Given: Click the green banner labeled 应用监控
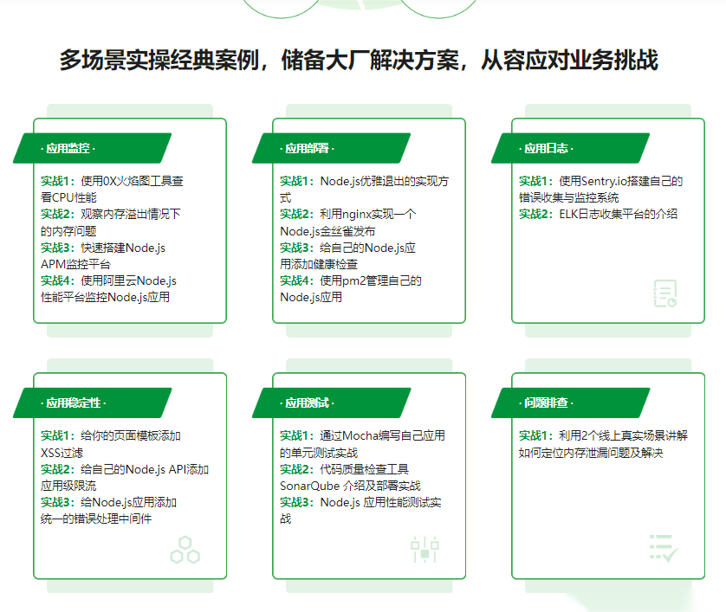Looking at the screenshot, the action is pyautogui.click(x=92, y=148).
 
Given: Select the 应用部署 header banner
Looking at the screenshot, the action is pyautogui.click(x=332, y=148).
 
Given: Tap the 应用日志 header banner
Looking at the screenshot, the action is pyautogui.click(x=570, y=148).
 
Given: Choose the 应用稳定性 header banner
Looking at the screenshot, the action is pyautogui.click(x=92, y=403).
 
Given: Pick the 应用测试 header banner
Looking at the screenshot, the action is pyautogui.click(x=332, y=403).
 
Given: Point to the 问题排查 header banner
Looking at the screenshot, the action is pyautogui.click(x=570, y=403).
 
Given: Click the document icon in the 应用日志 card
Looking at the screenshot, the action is pyautogui.click(x=665, y=293).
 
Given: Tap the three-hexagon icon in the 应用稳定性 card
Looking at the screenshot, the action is pyautogui.click(x=185, y=550).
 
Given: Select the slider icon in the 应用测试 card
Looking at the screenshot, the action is pyautogui.click(x=425, y=549).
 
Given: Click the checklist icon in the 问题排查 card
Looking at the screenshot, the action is pyautogui.click(x=664, y=548).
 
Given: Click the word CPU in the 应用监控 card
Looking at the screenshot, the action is pyautogui.click(x=63, y=197).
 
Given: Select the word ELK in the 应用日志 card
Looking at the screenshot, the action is pyautogui.click(x=568, y=214).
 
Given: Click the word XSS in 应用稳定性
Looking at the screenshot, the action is pyautogui.click(x=50, y=453).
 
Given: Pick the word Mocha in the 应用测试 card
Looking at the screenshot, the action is pyautogui.click(x=360, y=435).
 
